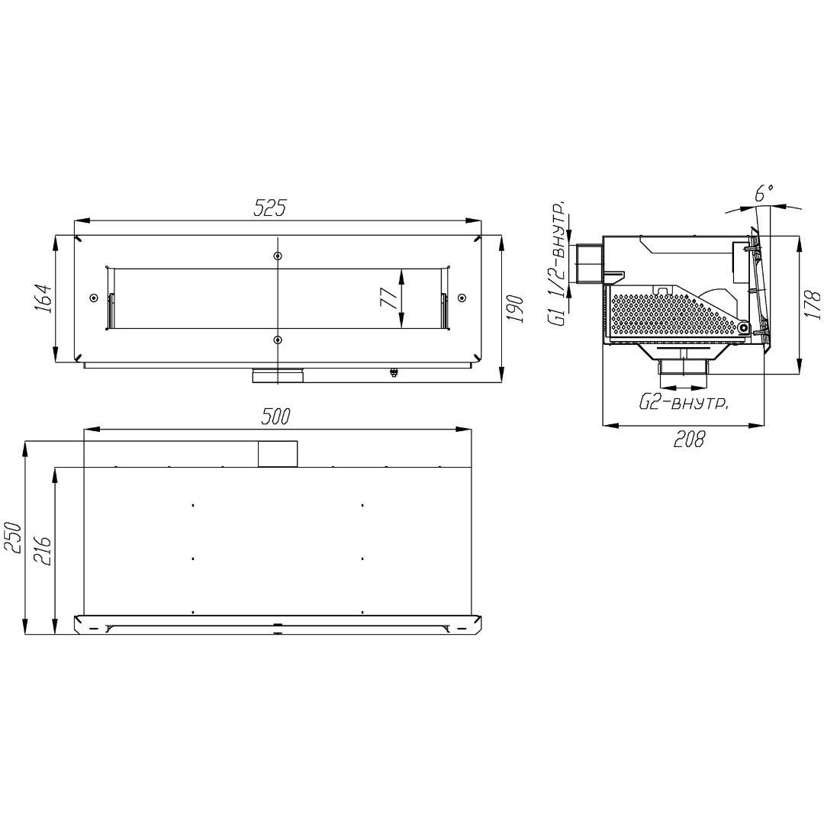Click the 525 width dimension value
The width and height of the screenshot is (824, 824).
click(x=269, y=208)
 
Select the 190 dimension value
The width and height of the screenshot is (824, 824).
click(x=516, y=309)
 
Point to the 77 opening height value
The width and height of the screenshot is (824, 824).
click(x=389, y=298)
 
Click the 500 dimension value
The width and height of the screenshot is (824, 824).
click(x=275, y=417)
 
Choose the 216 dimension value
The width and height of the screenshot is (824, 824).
click(x=42, y=550)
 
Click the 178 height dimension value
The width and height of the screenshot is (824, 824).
click(x=812, y=304)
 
